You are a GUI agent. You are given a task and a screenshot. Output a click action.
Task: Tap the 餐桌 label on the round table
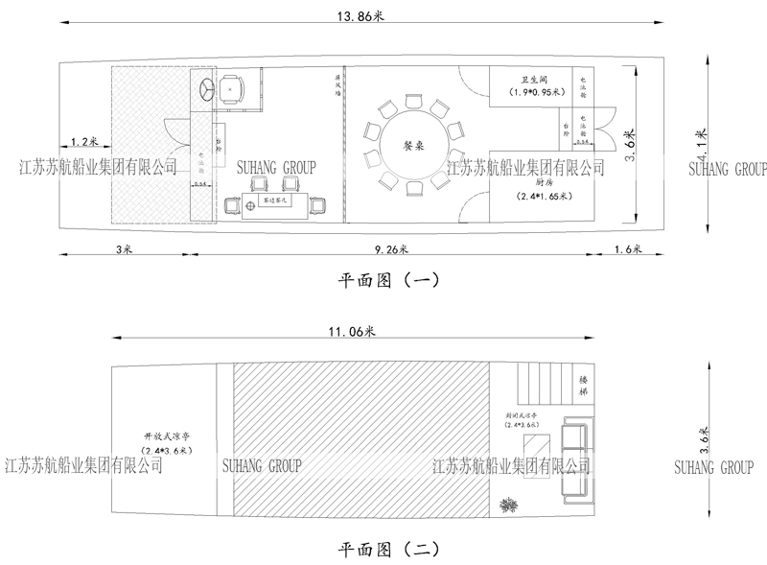click(x=413, y=146)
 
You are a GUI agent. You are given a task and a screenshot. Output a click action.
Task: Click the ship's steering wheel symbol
click(x=207, y=90)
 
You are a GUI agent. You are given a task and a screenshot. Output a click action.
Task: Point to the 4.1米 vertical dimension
click(x=703, y=144)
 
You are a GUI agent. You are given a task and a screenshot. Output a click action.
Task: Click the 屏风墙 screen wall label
click(x=336, y=91)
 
